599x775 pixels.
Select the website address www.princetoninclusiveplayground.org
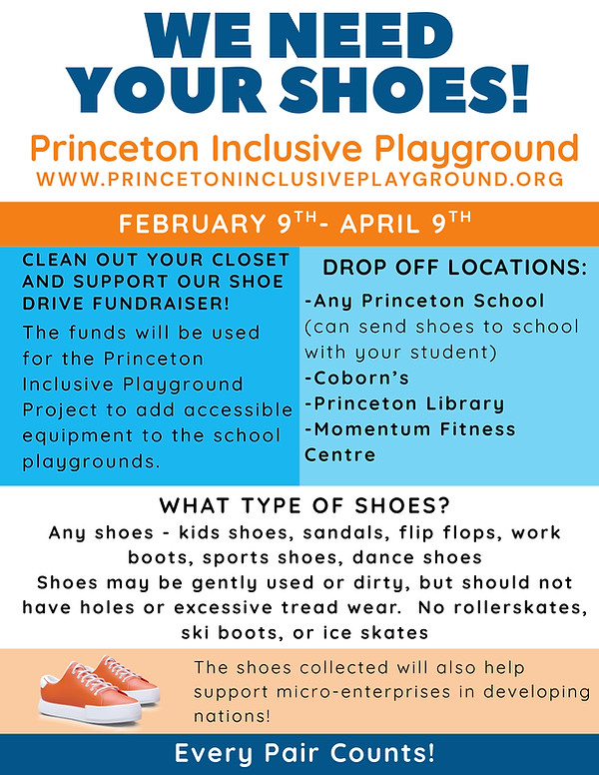click(x=299, y=180)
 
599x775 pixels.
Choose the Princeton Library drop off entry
click(x=403, y=404)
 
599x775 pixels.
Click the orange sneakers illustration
click(x=92, y=686)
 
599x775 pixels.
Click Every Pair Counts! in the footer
click(x=299, y=752)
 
